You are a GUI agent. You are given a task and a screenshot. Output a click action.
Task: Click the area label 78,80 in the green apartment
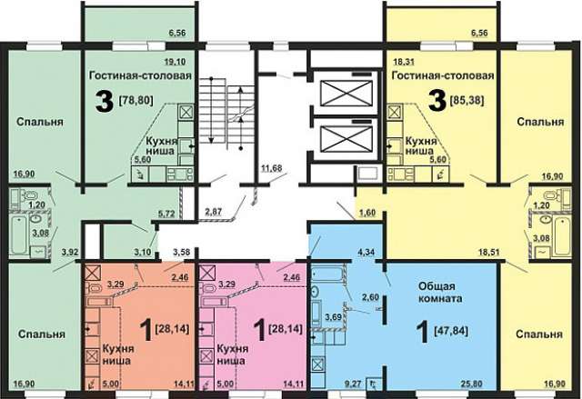(x=135, y=100)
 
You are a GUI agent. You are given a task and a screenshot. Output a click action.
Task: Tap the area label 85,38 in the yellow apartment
(x=467, y=100)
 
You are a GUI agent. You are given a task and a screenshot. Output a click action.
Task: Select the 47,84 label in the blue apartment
(x=451, y=330)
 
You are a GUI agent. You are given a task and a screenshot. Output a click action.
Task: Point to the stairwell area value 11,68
(x=271, y=168)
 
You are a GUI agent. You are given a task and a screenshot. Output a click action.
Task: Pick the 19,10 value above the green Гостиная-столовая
(x=175, y=62)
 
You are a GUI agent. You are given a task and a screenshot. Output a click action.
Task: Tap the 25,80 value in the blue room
(x=471, y=384)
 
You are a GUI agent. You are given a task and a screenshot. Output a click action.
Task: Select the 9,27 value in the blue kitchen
(x=352, y=384)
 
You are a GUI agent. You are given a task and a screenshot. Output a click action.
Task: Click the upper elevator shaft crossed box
(x=346, y=93)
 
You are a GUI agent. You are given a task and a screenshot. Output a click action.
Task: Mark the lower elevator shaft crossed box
(x=346, y=139)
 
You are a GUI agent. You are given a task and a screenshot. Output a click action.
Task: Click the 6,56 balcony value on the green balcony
(x=177, y=33)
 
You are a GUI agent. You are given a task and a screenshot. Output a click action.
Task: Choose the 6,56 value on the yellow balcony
(x=479, y=33)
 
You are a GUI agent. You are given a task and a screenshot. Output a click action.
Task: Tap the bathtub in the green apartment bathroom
(x=18, y=235)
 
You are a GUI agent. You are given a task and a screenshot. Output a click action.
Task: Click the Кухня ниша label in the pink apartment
(x=233, y=354)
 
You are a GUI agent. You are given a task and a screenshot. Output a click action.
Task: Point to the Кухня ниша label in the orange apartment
(x=118, y=354)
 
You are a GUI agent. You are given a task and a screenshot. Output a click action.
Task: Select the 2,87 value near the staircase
(x=214, y=213)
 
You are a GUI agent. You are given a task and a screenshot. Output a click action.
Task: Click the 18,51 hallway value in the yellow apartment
(x=489, y=253)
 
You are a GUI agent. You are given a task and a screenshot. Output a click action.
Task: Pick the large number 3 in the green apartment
(x=104, y=102)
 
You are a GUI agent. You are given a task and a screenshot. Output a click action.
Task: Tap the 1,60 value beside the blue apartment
(x=367, y=213)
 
